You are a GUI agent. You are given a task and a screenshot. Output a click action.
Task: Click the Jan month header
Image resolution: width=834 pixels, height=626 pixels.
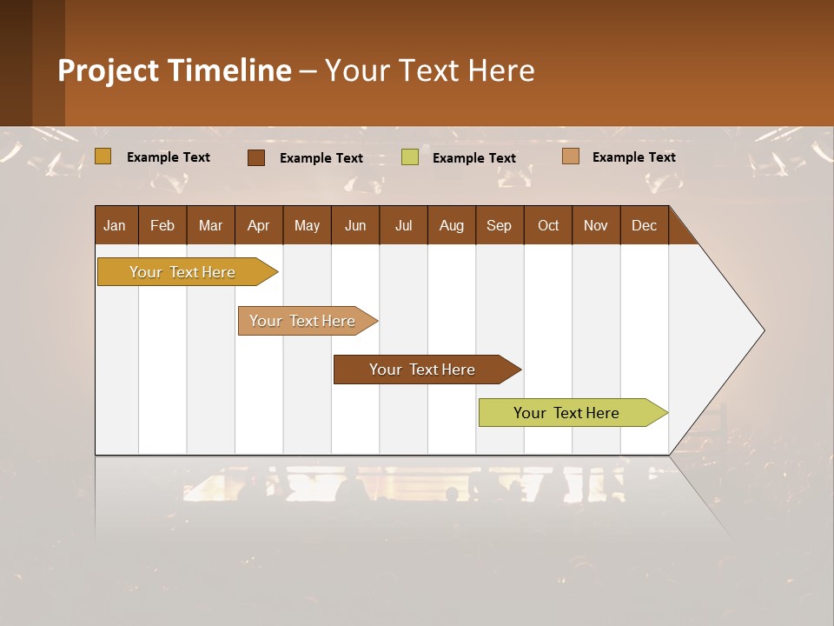116,225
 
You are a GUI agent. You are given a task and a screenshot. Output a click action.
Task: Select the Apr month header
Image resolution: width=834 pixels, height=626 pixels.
259,225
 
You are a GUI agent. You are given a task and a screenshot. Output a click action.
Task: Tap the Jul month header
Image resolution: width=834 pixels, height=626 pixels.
403,225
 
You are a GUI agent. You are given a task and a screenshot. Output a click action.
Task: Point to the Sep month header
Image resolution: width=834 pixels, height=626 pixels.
500,225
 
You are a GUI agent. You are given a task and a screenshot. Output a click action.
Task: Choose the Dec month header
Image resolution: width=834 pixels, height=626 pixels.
644,225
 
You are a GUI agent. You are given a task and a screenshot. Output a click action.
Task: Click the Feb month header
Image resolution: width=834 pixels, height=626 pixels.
162,225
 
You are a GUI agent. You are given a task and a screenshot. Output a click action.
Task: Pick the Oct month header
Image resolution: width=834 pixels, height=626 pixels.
548,225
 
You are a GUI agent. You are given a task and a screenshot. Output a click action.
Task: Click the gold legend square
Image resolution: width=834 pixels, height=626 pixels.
103,156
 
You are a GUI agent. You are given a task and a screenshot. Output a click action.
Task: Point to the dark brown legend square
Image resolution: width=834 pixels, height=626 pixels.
256,157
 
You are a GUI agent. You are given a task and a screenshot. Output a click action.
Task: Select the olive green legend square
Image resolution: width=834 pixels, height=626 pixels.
410,157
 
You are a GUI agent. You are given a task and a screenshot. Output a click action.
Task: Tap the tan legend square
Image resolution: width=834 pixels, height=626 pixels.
570,156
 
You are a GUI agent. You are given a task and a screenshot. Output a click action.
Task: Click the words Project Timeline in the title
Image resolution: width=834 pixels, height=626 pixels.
174,70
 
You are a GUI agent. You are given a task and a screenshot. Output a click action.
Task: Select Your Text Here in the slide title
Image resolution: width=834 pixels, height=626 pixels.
429,70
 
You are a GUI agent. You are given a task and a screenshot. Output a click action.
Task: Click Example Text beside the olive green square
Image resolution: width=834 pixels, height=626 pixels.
473,158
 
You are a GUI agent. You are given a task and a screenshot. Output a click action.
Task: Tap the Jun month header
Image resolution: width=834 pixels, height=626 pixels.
355,225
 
